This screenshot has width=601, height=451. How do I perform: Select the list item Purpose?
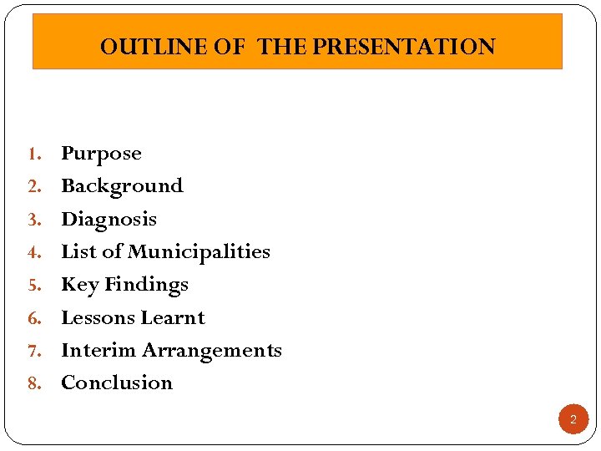[101, 154]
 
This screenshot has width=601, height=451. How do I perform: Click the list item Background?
[122, 185]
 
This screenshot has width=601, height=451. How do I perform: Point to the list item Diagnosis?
[109, 219]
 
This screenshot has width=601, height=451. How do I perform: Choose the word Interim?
[98, 350]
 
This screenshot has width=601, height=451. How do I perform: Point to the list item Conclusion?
[117, 383]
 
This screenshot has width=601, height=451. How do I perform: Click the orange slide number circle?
[573, 419]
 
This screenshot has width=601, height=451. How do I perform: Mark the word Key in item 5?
[80, 285]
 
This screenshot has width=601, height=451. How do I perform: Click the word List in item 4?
[78, 251]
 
